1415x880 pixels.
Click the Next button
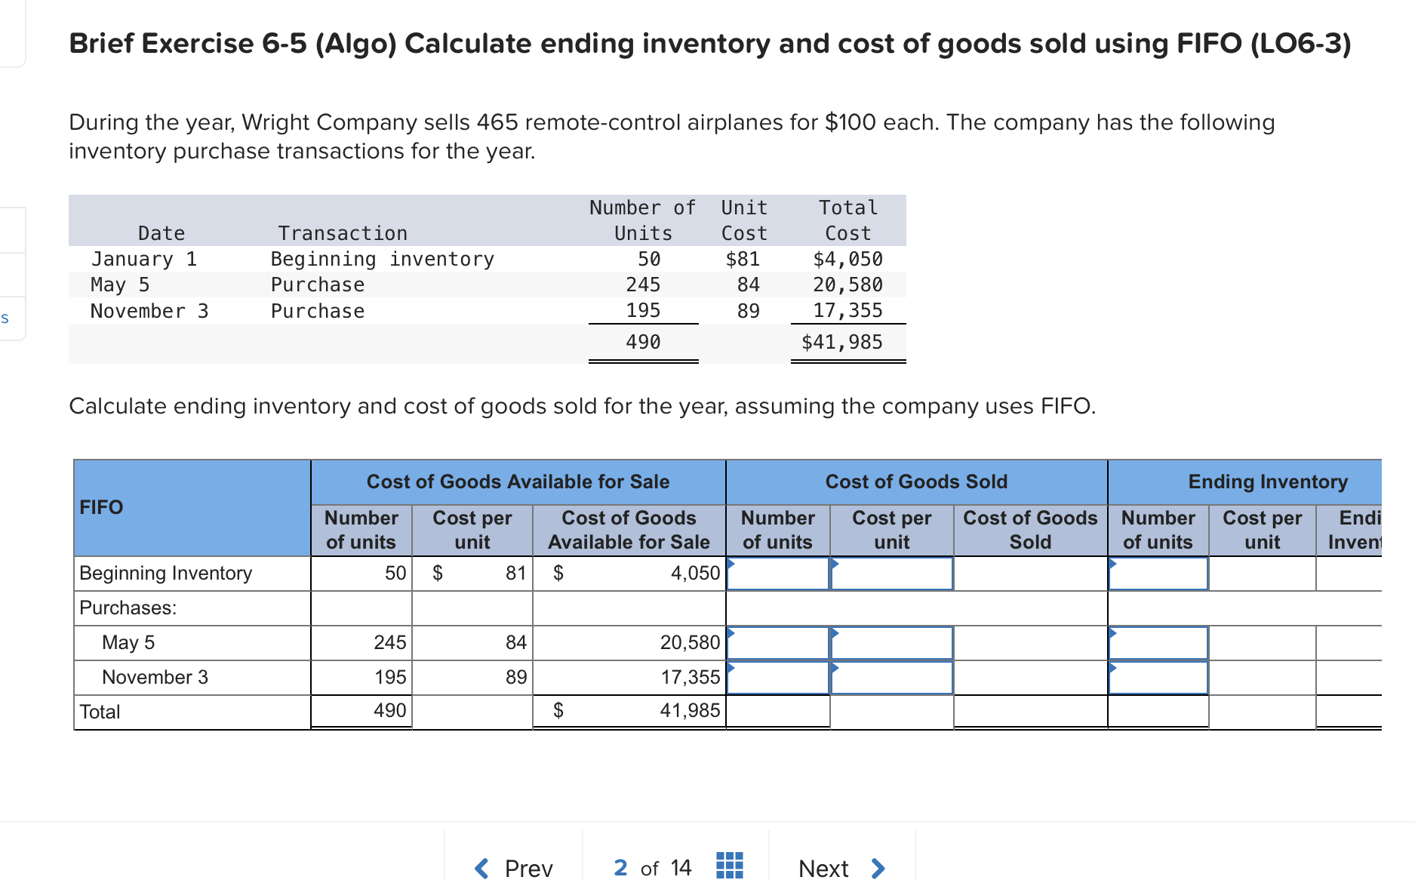click(840, 868)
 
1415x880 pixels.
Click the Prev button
click(515, 868)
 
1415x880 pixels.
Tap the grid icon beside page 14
click(729, 866)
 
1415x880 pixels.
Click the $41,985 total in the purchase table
click(841, 343)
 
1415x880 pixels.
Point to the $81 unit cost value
click(743, 260)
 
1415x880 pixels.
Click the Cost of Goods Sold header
click(916, 482)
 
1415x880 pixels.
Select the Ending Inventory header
click(1267, 482)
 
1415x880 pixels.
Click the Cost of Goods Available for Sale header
click(518, 482)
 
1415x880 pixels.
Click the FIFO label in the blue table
click(101, 507)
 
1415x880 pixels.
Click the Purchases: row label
click(128, 608)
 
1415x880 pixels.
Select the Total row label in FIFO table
click(100, 712)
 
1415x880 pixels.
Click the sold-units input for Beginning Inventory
click(778, 574)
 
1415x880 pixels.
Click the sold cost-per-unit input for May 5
click(891, 643)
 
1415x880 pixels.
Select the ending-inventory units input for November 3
click(1158, 678)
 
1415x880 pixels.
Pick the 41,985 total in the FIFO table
click(690, 711)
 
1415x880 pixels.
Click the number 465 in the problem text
click(497, 122)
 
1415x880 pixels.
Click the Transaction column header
click(343, 234)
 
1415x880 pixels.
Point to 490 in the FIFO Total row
click(389, 711)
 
